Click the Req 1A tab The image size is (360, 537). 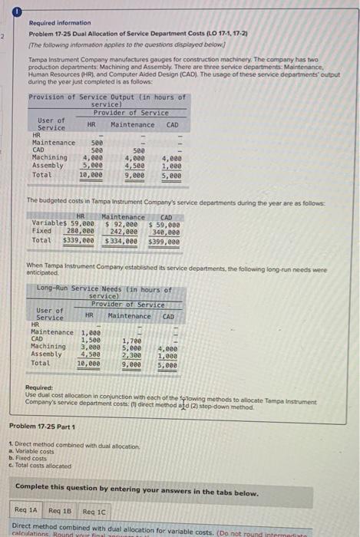click(28, 510)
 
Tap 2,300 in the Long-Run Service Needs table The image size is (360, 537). click(131, 355)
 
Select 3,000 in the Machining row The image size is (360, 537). click(91, 347)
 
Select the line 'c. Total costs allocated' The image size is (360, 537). click(39, 465)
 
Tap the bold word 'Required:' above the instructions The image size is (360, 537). click(39, 387)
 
